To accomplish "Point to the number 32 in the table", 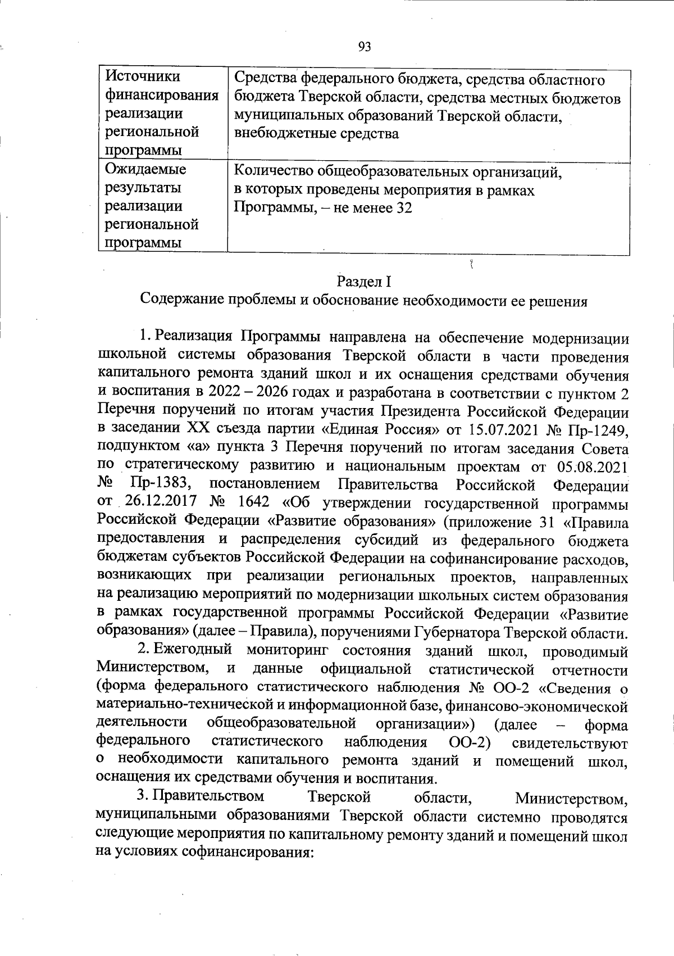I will (x=404, y=208).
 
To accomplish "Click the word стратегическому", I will (x=181, y=467).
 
